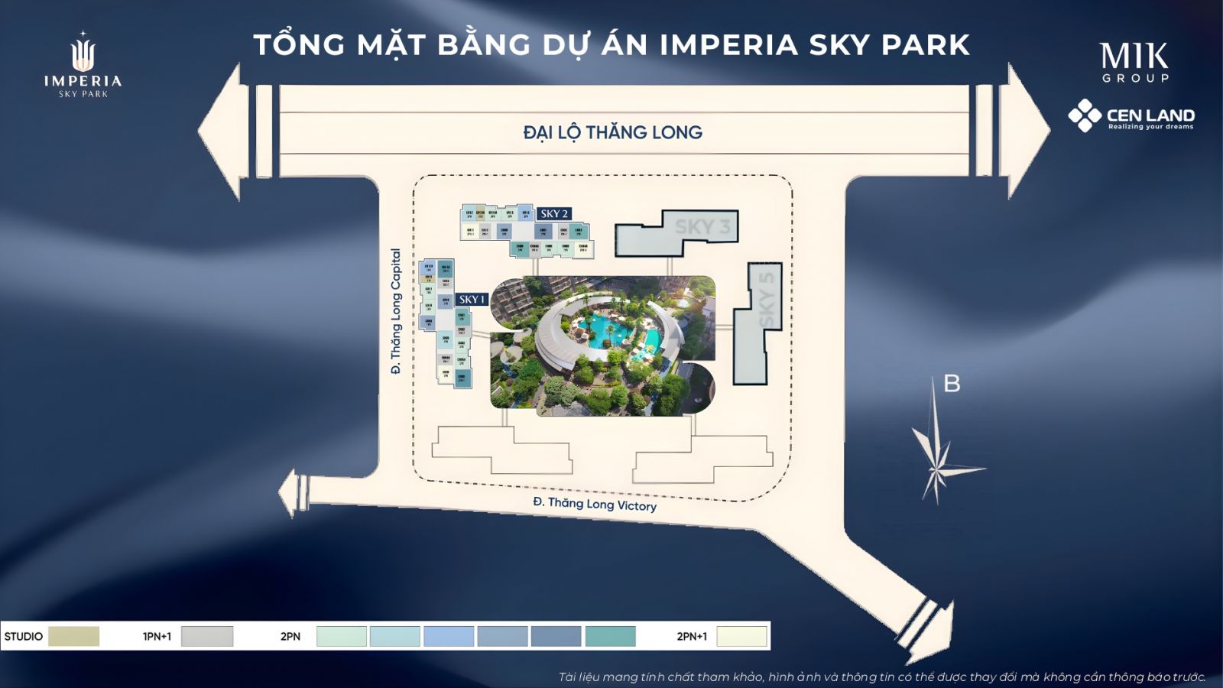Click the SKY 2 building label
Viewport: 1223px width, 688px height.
554,214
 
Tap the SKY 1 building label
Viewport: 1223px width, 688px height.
472,300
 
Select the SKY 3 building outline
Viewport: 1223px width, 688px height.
677,233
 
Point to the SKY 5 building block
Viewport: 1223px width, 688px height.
757,325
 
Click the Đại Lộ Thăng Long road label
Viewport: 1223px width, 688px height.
612,132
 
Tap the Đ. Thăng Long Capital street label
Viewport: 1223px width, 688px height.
395,311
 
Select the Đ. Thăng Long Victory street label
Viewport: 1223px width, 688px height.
595,504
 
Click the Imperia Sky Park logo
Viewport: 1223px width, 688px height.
83,65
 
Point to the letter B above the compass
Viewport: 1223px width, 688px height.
952,384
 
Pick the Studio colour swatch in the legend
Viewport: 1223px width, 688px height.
73,636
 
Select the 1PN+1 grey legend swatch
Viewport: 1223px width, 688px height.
207,636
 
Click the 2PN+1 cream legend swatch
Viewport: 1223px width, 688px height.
741,636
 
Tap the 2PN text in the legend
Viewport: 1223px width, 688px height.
290,636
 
